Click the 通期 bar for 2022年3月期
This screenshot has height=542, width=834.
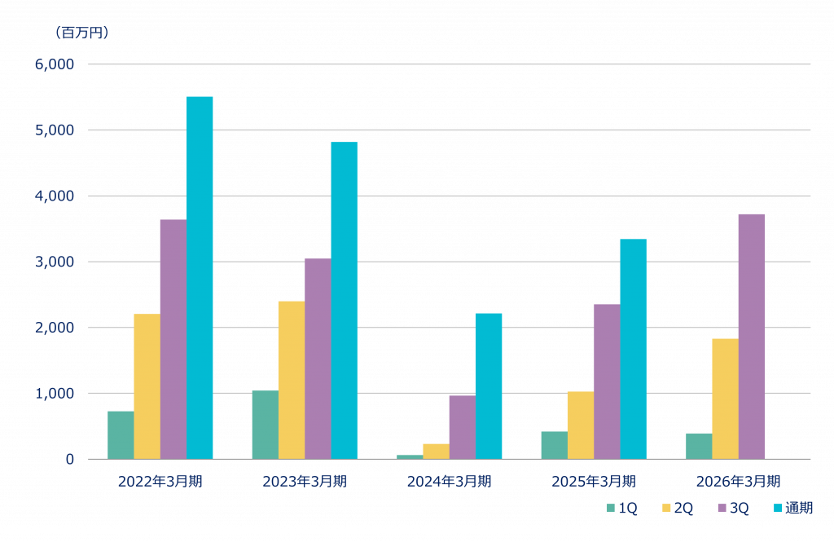click(x=200, y=277)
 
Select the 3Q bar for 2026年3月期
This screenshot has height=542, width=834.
click(x=752, y=336)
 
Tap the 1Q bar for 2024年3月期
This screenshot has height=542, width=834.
click(x=410, y=456)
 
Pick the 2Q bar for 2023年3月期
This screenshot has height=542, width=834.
click(x=291, y=380)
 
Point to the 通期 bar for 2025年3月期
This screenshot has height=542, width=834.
click(x=634, y=349)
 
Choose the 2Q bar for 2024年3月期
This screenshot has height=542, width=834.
click(x=436, y=451)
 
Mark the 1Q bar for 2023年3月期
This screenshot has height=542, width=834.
click(x=265, y=425)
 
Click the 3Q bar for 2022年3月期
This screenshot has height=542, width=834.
click(x=173, y=339)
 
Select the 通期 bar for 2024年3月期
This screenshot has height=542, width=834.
click(x=489, y=386)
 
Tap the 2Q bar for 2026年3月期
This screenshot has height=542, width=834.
click(x=725, y=399)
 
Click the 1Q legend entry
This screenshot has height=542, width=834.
click(x=622, y=509)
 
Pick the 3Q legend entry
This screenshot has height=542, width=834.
click(x=733, y=509)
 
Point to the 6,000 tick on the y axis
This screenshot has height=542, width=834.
click(x=55, y=64)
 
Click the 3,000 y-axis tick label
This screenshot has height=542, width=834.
click(x=55, y=262)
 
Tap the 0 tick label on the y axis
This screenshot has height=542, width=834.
click(x=70, y=459)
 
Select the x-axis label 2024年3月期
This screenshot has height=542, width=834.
click(x=449, y=482)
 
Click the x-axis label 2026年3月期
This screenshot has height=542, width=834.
click(x=738, y=482)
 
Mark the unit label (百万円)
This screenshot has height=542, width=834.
click(x=82, y=33)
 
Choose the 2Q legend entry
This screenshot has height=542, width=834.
click(x=678, y=509)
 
